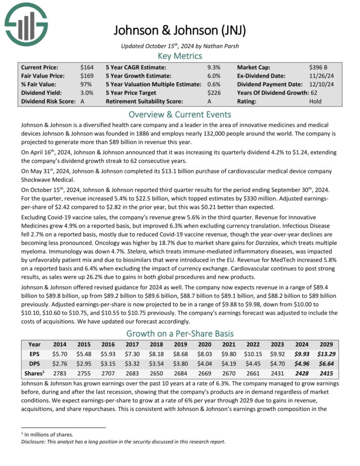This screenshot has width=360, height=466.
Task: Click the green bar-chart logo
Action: click(x=26, y=23)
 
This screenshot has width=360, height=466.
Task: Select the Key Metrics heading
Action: click(x=180, y=56)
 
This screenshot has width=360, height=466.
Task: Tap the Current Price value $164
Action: click(x=87, y=67)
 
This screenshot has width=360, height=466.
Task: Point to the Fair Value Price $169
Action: click(x=87, y=76)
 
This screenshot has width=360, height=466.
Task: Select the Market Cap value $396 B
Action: click(x=320, y=67)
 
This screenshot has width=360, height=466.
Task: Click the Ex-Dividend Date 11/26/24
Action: click(x=321, y=76)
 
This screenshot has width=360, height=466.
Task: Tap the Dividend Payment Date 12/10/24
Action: click(x=321, y=84)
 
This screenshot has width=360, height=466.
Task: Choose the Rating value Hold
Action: click(x=315, y=101)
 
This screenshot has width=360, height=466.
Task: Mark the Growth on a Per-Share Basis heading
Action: click(x=180, y=333)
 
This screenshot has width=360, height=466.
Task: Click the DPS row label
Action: click(x=34, y=365)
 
